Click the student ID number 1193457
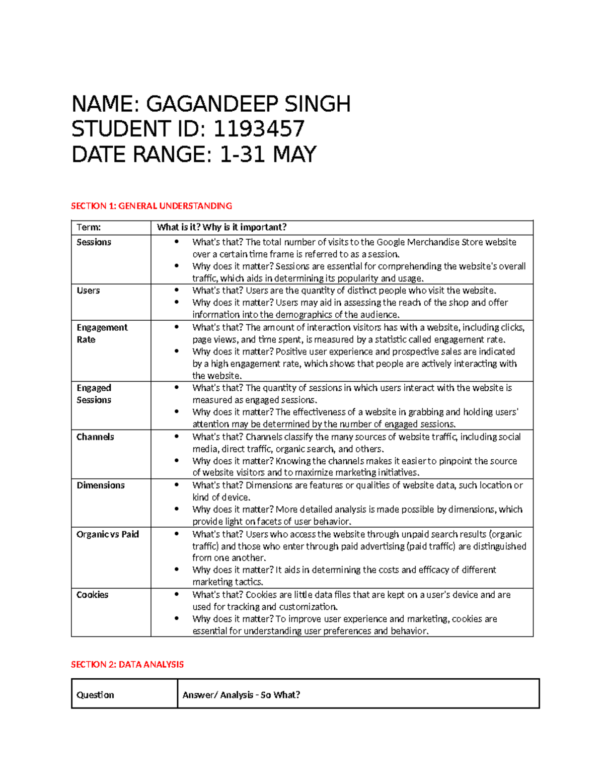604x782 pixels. pos(259,129)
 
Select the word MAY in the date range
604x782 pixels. pos(294,154)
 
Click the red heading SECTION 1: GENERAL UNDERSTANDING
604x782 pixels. pos(152,206)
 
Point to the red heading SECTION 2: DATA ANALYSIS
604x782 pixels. pos(127,665)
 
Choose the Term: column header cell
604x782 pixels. pos(89,228)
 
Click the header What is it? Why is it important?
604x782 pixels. pos(221,228)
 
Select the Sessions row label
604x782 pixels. pos(94,242)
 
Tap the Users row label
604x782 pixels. pos(88,291)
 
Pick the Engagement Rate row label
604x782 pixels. pos(102,333)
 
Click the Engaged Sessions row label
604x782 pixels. pos(94,394)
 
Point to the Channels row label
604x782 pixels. pos(95,437)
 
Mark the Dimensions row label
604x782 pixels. pos(101,485)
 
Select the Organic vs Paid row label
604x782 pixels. pos(108,534)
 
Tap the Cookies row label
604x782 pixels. pos(92,595)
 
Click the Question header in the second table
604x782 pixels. pos(95,695)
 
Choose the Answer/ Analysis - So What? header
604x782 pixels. pos(241,695)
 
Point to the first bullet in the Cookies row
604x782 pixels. pos(176,595)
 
